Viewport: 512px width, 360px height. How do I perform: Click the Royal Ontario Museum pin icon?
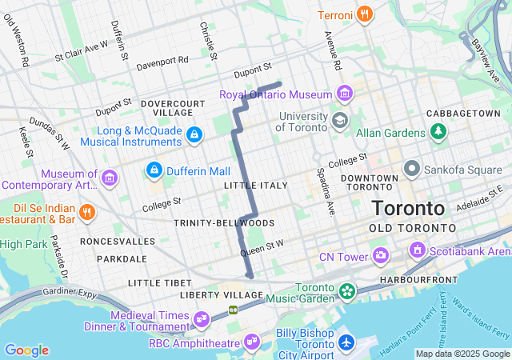pos(345,94)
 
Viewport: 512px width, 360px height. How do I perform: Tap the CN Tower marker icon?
pos(380,256)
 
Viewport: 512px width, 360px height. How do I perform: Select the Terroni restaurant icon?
pos(364,14)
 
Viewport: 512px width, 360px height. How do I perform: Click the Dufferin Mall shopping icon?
pos(154,170)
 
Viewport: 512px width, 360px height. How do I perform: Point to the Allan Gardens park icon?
pos(438,130)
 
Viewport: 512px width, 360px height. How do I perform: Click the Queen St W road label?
pos(262,250)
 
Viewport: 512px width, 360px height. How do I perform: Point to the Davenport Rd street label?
pos(162,60)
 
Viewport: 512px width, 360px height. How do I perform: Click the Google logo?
pos(26,350)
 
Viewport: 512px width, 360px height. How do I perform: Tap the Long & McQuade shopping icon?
pos(193,135)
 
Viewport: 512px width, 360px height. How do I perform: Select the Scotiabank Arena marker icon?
pos(416,250)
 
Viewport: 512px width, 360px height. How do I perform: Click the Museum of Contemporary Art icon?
pos(110,176)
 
